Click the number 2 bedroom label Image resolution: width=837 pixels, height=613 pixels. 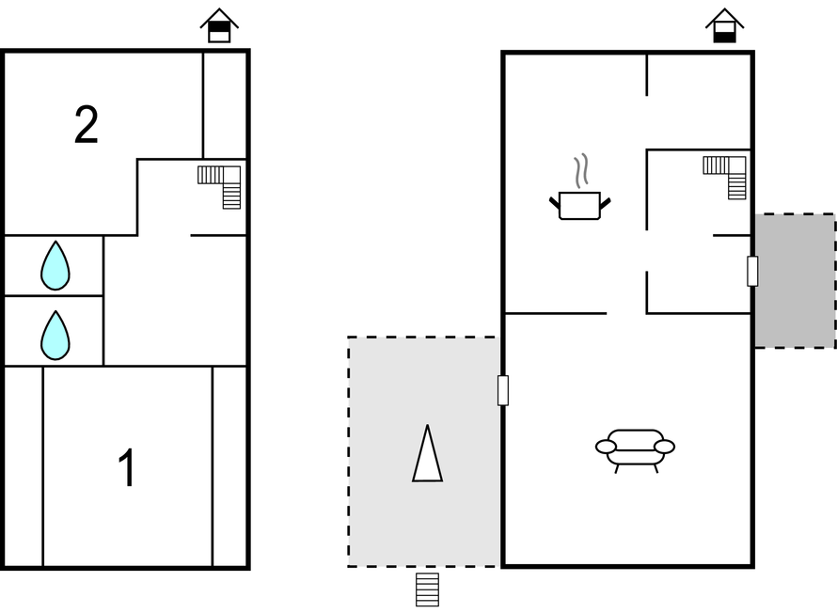87,125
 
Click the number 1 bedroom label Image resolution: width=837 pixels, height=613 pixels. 127,468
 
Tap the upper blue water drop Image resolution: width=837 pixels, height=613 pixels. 55,266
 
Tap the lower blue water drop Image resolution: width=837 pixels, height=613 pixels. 55,336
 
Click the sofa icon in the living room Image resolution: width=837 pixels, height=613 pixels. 635,450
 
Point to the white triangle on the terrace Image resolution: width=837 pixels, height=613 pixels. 427,453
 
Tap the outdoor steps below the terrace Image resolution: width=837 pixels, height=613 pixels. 428,589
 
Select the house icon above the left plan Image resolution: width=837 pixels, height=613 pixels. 219,25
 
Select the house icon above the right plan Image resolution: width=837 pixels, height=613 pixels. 724,25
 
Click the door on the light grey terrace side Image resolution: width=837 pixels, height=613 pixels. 503,390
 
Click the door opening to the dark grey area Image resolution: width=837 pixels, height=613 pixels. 752,271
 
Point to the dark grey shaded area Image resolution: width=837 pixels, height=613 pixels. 795,281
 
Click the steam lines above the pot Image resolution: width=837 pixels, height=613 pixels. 582,171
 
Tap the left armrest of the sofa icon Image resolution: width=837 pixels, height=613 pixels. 606,447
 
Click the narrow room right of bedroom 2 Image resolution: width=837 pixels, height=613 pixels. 225,105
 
